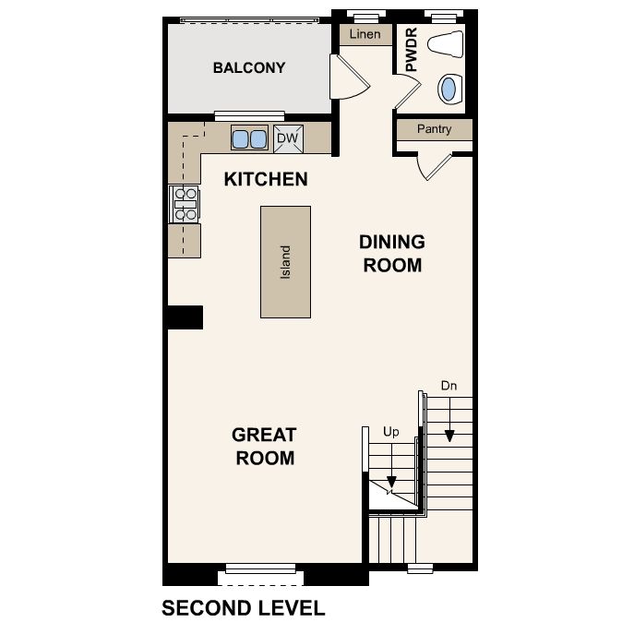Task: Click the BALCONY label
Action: [x=249, y=67]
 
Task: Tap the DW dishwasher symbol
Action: [x=288, y=138]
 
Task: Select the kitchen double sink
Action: [x=249, y=138]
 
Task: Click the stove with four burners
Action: [x=185, y=204]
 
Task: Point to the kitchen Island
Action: [x=285, y=262]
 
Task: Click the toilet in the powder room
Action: [x=446, y=43]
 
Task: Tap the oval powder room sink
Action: [x=449, y=89]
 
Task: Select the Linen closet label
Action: [x=365, y=34]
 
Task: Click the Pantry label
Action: [x=435, y=129]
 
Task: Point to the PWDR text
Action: [x=411, y=49]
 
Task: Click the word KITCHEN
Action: [x=266, y=179]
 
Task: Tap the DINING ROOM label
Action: [x=392, y=254]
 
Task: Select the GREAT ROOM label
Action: [x=265, y=447]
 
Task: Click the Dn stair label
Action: [x=449, y=386]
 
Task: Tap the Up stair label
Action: [x=391, y=432]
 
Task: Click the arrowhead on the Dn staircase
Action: [x=449, y=436]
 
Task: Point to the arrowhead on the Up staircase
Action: [x=391, y=482]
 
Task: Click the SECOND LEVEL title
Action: [x=244, y=608]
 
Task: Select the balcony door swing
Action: [x=350, y=77]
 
